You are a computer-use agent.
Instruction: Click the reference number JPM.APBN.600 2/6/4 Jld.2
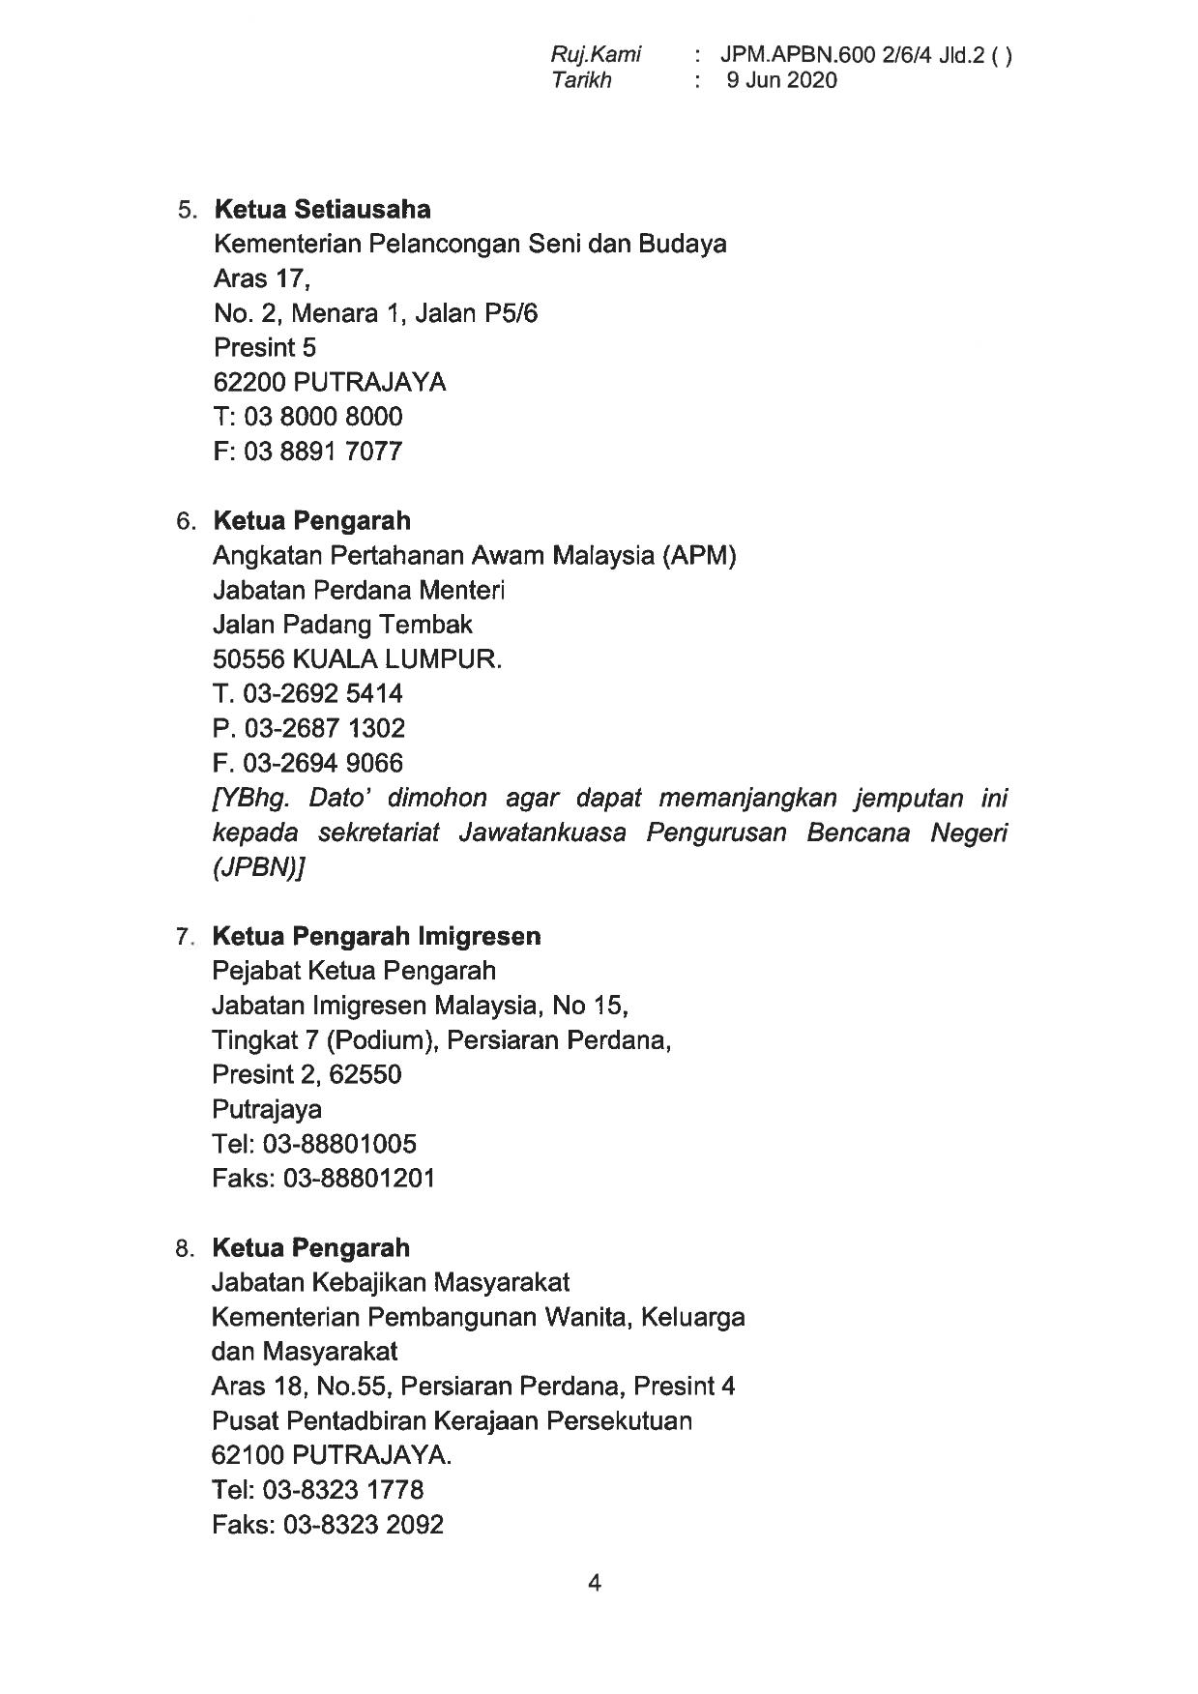tap(852, 55)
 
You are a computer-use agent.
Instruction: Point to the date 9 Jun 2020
tap(782, 80)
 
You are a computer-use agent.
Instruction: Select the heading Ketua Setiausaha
tap(322, 209)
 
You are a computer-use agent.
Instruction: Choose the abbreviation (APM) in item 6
tap(699, 556)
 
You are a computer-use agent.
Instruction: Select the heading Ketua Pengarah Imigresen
tap(376, 936)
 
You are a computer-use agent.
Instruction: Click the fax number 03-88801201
tap(359, 1179)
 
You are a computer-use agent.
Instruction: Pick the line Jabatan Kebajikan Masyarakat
tap(390, 1282)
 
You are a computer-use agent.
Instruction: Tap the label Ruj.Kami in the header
tap(596, 55)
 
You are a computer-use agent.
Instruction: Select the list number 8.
tap(185, 1249)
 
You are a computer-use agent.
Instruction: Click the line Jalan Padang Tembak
tap(341, 625)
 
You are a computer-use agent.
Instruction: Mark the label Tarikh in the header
tap(581, 80)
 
